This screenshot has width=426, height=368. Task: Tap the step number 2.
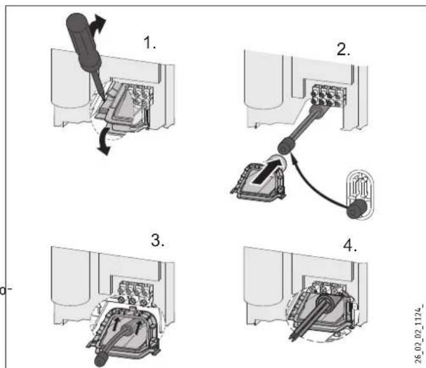pyautogui.click(x=343, y=51)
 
